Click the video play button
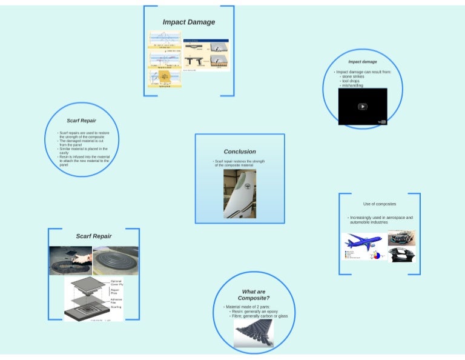[362, 107]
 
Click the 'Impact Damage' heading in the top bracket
[188, 22]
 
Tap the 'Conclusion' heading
[240, 152]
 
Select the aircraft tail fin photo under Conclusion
[240, 194]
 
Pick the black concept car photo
[401, 238]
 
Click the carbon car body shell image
[401, 255]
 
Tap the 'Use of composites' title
[380, 204]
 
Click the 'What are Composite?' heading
[254, 295]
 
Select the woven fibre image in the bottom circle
[254, 333]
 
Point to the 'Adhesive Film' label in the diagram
[117, 301]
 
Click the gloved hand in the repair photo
[82, 258]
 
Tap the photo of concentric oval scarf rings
[116, 261]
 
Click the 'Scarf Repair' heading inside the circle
[81, 121]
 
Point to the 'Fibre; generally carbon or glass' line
[259, 316]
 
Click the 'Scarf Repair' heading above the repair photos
[94, 236]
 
